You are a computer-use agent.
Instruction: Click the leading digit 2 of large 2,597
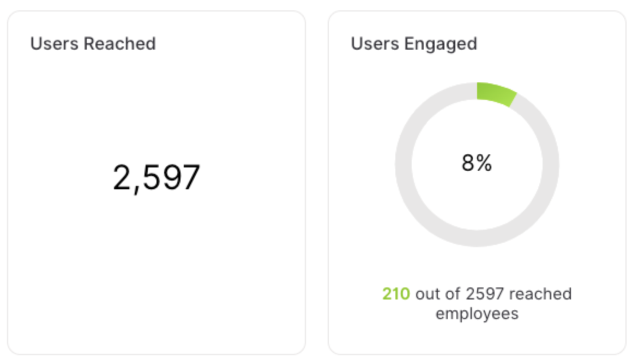[122, 178]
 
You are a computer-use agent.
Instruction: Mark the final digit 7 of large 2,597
[190, 178]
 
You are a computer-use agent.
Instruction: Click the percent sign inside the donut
[484, 163]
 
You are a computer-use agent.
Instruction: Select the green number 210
[396, 294]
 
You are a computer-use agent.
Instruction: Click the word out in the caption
[427, 294]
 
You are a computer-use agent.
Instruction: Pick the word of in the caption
[453, 294]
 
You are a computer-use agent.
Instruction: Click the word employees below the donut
[477, 314]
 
